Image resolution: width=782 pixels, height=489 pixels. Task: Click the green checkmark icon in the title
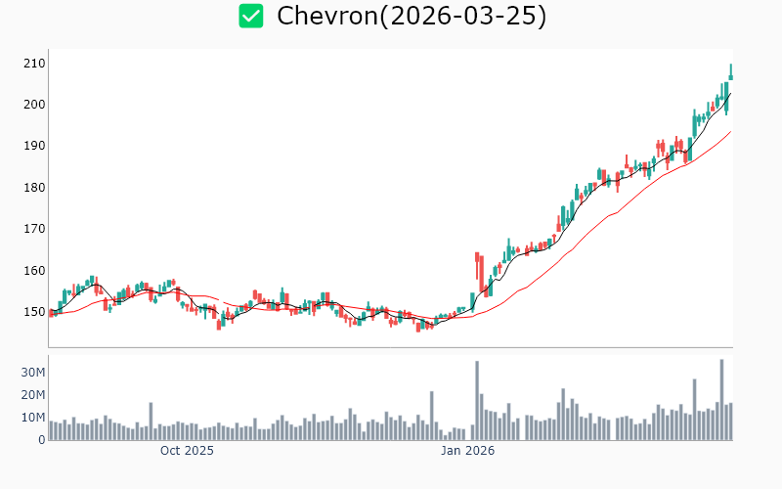tap(251, 16)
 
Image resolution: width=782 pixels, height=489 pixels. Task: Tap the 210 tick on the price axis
tap(34, 63)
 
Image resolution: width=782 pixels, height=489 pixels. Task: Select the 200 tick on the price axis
tap(34, 105)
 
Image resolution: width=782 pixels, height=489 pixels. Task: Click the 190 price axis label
tap(34, 146)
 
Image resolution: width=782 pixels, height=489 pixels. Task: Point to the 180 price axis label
tap(34, 188)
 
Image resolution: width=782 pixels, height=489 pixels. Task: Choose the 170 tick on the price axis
tap(34, 229)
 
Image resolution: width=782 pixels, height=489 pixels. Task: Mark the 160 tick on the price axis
tap(34, 271)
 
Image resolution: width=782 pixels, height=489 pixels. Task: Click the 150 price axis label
tap(34, 312)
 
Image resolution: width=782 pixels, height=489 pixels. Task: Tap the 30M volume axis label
tap(34, 373)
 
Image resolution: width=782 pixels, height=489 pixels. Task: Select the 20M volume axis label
tap(34, 395)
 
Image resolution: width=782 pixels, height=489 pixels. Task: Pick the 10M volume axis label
tap(34, 418)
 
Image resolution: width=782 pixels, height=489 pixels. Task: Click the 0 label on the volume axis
tap(42, 440)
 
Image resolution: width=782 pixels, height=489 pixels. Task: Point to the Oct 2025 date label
tap(187, 451)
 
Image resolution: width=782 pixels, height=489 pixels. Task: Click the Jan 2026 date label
tap(467, 451)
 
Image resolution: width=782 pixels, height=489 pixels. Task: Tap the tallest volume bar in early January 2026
tap(477, 400)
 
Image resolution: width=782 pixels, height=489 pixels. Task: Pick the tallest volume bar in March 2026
tap(721, 399)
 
